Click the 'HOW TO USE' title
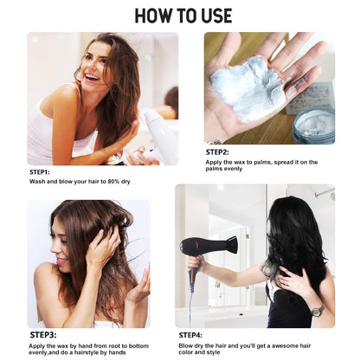pos(183,16)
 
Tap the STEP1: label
pos(40,172)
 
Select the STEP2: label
pos(217,152)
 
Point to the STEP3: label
pos(43,335)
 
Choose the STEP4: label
pos(190,335)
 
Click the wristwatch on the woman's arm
pos(317,310)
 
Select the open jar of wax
pos(313,125)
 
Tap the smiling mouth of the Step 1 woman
pos(92,77)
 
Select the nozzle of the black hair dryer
pos(231,245)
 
